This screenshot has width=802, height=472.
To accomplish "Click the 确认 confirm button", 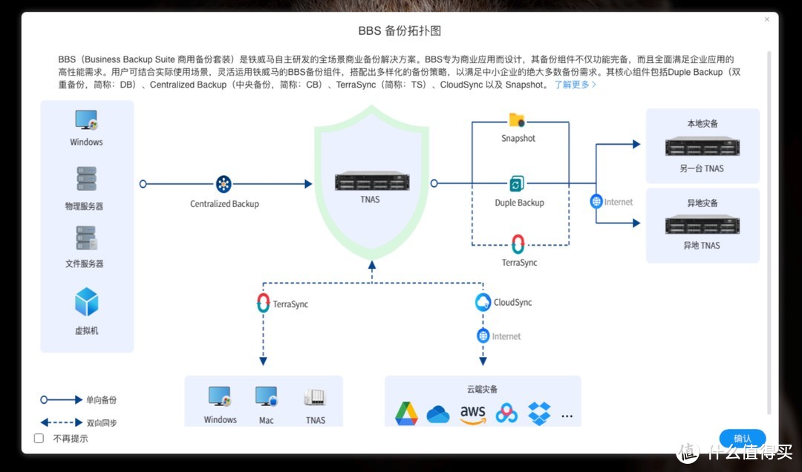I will pyautogui.click(x=742, y=439).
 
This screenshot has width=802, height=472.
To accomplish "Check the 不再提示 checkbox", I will pyautogui.click(x=39, y=439).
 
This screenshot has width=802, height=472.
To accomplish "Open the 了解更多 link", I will pyautogui.click(x=575, y=85).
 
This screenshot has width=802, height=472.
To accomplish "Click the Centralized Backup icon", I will pyautogui.click(x=224, y=184).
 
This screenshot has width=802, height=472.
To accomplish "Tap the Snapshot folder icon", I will pyautogui.click(x=517, y=119).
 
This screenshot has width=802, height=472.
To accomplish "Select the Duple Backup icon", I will pyautogui.click(x=518, y=183).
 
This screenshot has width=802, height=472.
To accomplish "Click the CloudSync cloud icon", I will pyautogui.click(x=483, y=302).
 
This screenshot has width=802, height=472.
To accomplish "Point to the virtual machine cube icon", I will pyautogui.click(x=87, y=302).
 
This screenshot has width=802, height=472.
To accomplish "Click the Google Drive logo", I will pyautogui.click(x=406, y=413).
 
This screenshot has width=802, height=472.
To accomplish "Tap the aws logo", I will pyautogui.click(x=472, y=414).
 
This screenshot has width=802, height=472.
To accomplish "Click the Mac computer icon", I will pyautogui.click(x=266, y=397).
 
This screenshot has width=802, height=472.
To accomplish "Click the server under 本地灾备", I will pyautogui.click(x=702, y=146).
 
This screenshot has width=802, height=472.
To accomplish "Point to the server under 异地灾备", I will pyautogui.click(x=702, y=224).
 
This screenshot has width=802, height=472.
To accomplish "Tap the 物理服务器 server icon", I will pyautogui.click(x=87, y=179).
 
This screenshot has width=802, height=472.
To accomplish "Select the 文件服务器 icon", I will pyautogui.click(x=87, y=237).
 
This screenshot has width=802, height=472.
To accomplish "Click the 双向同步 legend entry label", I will pyautogui.click(x=102, y=422).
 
